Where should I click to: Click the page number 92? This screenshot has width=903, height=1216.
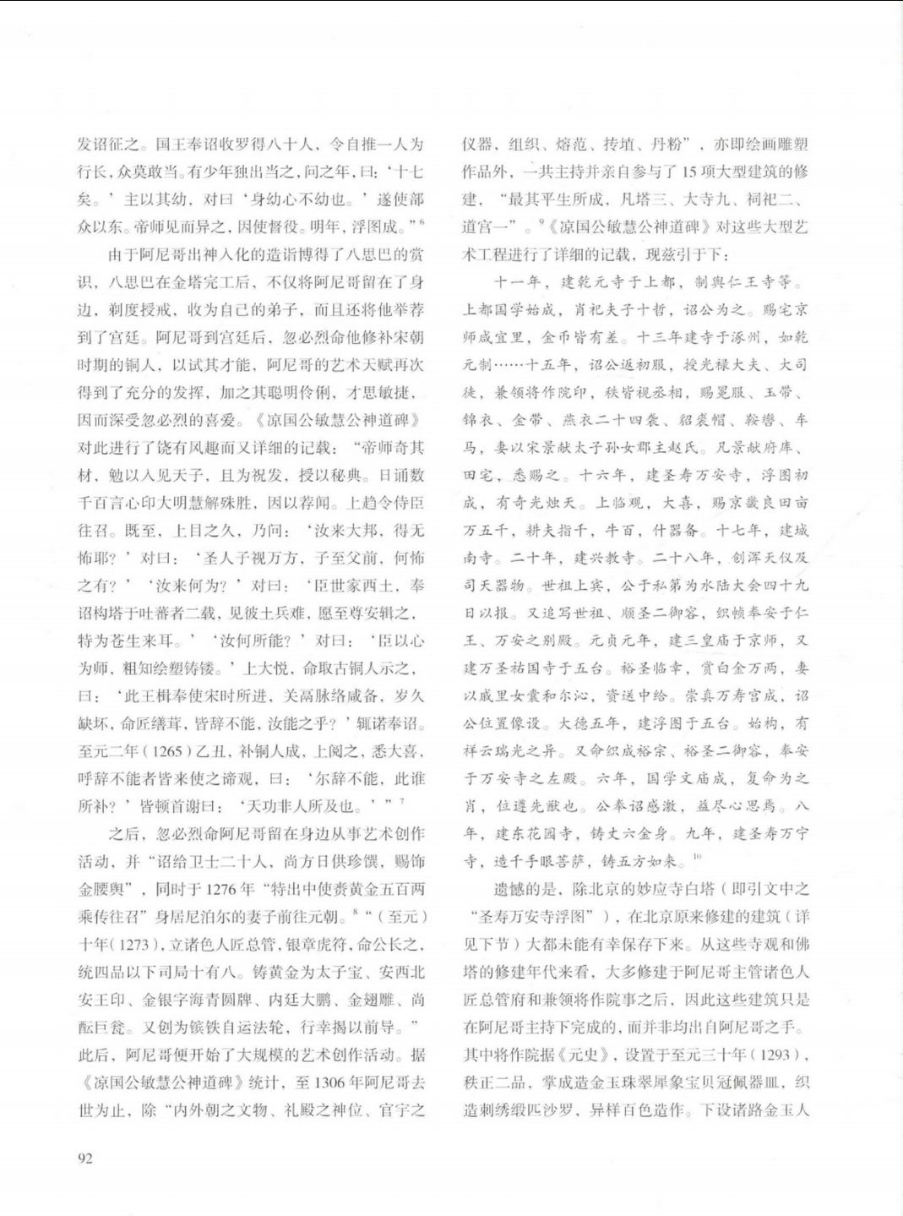[x=84, y=1159]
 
